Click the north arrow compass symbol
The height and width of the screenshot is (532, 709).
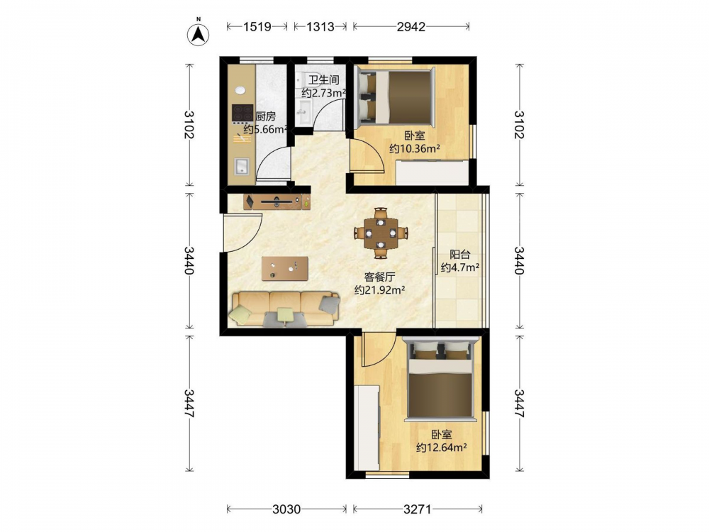(x=198, y=33)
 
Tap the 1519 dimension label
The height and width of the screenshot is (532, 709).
(x=257, y=27)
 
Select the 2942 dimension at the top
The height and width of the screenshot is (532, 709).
(x=411, y=27)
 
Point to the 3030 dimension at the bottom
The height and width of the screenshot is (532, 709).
(x=286, y=509)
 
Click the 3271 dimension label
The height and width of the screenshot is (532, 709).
(x=418, y=509)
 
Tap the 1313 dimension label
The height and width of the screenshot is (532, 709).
(x=320, y=27)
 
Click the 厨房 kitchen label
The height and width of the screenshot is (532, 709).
(x=265, y=117)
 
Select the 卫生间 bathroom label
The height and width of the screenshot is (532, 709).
(x=324, y=80)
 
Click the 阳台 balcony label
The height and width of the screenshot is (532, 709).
(x=460, y=255)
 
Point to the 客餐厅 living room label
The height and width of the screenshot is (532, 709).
(x=380, y=277)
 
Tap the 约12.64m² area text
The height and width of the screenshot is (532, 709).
(x=441, y=448)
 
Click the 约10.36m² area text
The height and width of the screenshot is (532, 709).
(x=415, y=148)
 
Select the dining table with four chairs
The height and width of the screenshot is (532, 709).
(x=381, y=233)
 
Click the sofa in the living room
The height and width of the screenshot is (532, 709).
(x=286, y=309)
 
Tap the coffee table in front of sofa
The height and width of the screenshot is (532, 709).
(x=285, y=269)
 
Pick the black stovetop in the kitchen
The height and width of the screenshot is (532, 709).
(x=242, y=113)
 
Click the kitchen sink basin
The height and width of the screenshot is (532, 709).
(x=242, y=167)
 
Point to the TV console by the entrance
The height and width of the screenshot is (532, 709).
(x=277, y=201)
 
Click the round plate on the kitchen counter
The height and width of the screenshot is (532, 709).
(x=240, y=91)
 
